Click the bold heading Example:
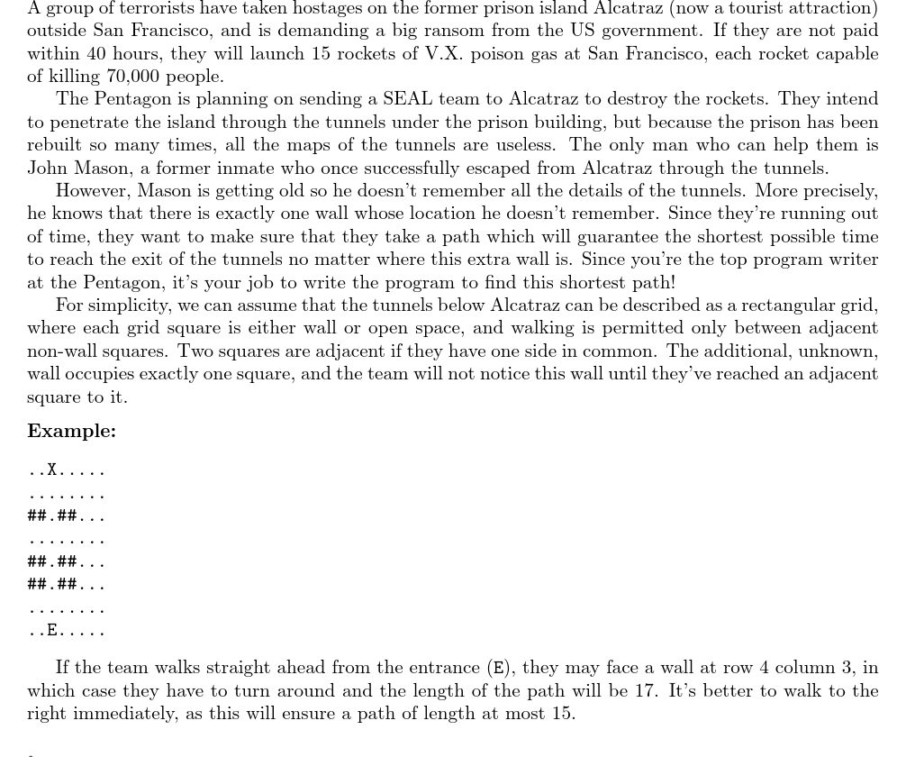(x=71, y=431)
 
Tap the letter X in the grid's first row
(x=52, y=470)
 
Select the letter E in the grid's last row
(x=52, y=630)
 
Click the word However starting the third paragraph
(x=93, y=190)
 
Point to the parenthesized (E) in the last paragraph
(x=498, y=668)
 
